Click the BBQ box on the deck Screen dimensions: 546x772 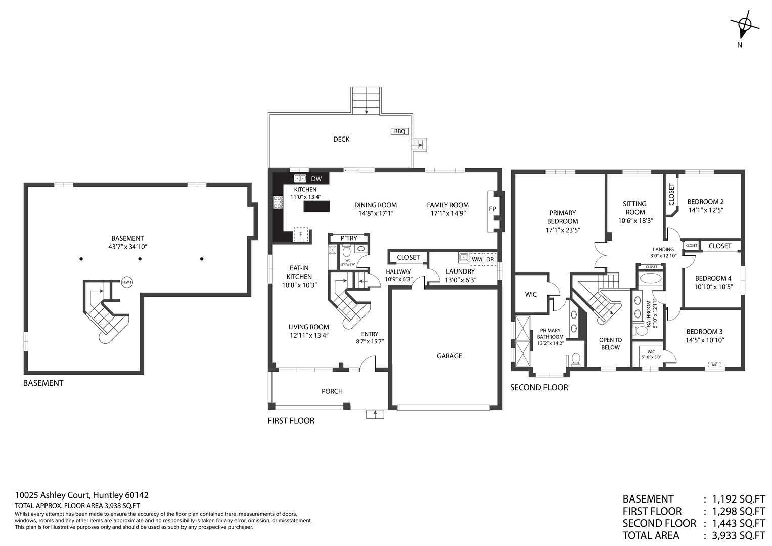pos(399,131)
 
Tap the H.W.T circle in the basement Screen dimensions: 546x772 pos(126,283)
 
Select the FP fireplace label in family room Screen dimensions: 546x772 pos(492,209)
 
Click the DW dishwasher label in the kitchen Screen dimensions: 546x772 pos(316,179)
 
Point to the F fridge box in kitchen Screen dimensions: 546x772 pos(301,234)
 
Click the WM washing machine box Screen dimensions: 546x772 pos(477,259)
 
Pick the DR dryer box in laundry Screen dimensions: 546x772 pos(490,259)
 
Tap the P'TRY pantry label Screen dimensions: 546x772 pos(349,238)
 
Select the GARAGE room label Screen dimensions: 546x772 pos(449,356)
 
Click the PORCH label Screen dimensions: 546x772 pos(332,391)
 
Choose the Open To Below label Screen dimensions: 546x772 pos(610,344)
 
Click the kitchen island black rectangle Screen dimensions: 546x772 pos(316,206)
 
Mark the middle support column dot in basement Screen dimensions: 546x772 pos(141,259)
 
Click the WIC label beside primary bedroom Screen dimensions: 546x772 pos(531,294)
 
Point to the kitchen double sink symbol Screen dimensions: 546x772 pos(300,178)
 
